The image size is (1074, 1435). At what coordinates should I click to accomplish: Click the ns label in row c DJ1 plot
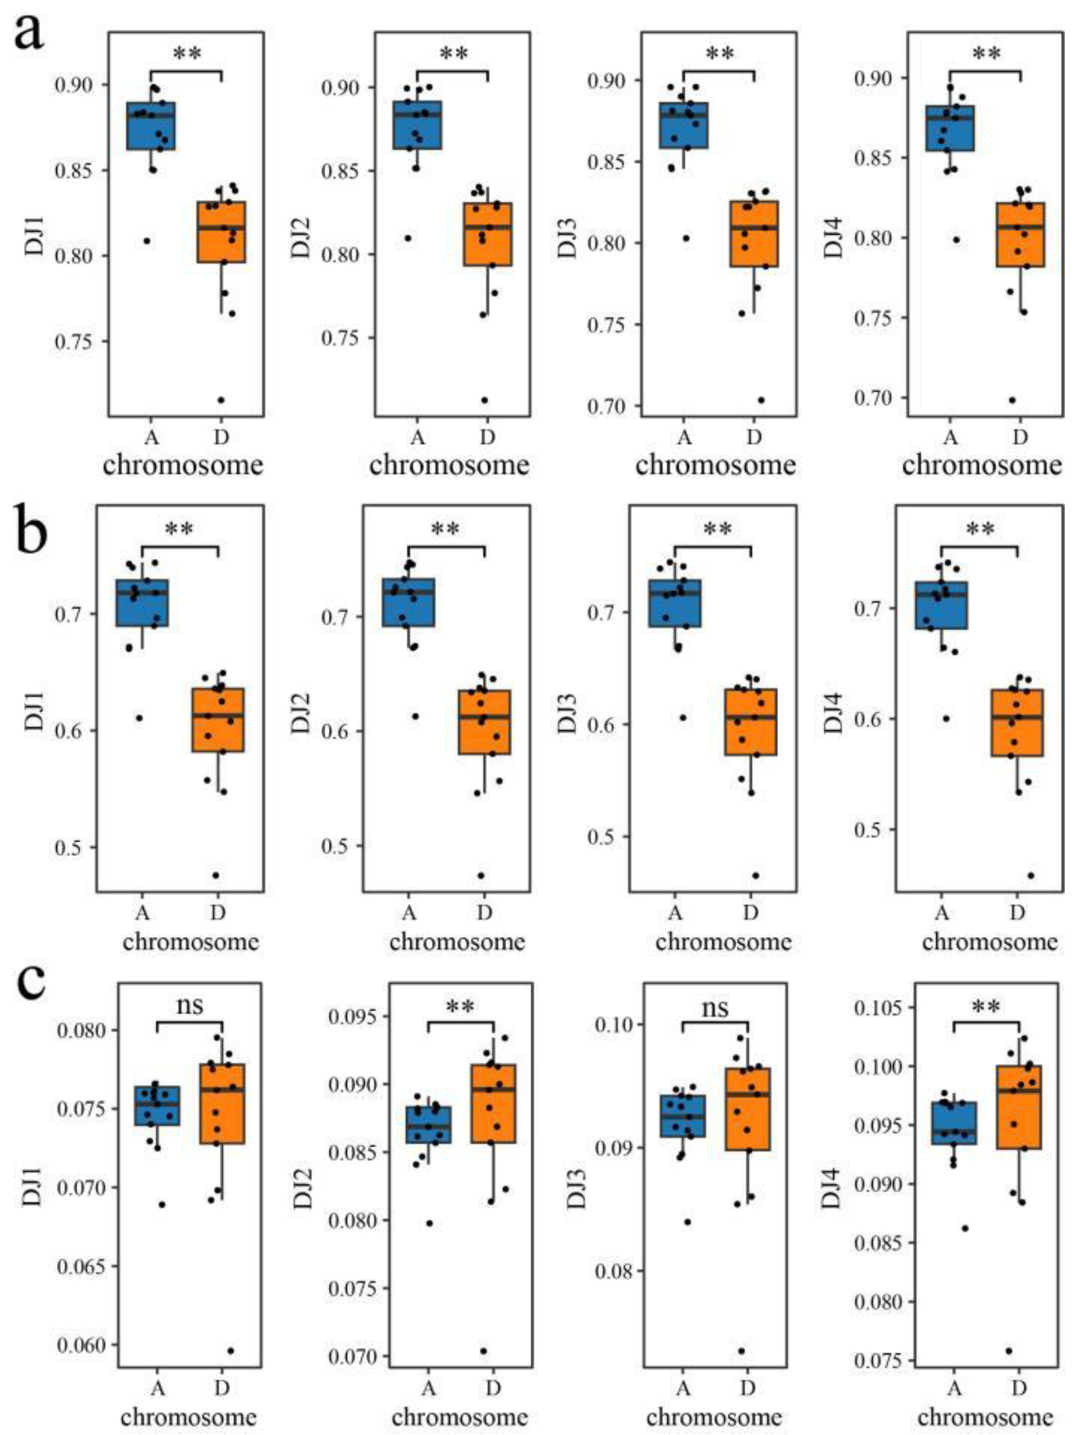pos(190,1004)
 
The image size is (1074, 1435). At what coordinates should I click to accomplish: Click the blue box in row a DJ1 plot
pos(151,126)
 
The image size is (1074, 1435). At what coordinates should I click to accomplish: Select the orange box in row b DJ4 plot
pos(1017,723)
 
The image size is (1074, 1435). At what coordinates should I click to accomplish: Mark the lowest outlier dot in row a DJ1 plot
pos(221,399)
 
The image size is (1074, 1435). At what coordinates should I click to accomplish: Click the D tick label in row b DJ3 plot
pos(751,913)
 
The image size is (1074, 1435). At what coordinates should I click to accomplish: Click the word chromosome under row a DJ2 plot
pos(449,465)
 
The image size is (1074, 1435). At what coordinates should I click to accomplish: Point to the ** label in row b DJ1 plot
pos(179,529)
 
